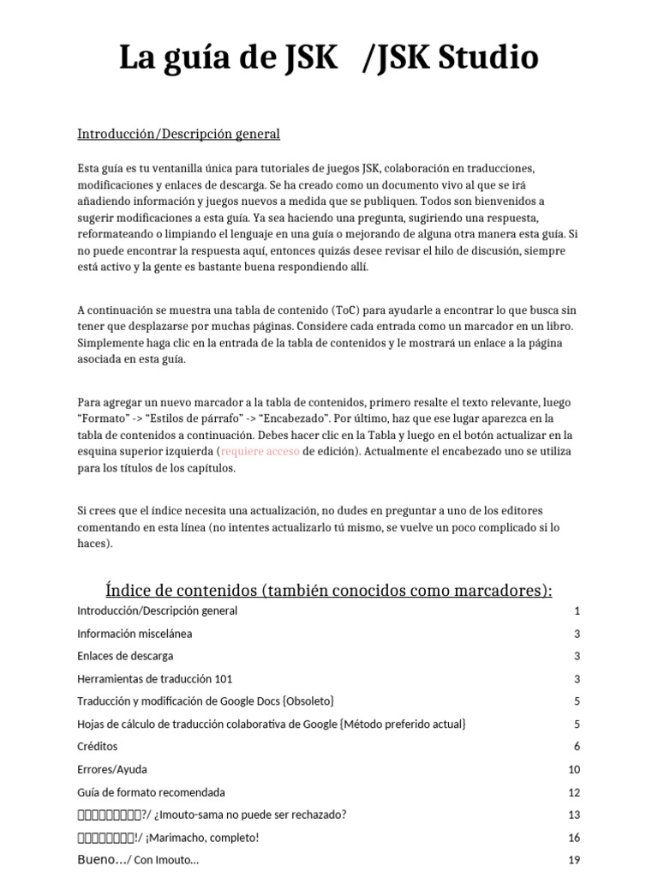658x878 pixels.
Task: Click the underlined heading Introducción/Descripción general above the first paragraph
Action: (x=178, y=134)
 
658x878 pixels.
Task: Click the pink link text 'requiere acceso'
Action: (x=260, y=451)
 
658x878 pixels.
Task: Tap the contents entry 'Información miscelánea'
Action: (x=135, y=634)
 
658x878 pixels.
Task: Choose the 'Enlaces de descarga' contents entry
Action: (x=125, y=656)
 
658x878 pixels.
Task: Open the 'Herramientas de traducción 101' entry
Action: (x=154, y=678)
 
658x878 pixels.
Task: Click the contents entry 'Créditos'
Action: (x=98, y=747)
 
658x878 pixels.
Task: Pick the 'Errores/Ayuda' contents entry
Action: (x=112, y=769)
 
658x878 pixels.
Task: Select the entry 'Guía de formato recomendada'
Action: (x=151, y=792)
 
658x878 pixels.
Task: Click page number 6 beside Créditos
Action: (x=577, y=747)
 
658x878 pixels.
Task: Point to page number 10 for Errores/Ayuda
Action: (x=574, y=769)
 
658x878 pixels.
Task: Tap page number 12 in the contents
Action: (x=574, y=792)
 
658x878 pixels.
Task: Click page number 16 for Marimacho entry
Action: (x=574, y=837)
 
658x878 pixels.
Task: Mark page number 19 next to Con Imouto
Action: (x=574, y=860)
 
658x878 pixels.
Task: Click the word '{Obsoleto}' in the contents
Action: (x=307, y=701)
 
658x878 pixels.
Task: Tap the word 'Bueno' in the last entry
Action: (x=95, y=860)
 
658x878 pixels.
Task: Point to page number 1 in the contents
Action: (x=577, y=611)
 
